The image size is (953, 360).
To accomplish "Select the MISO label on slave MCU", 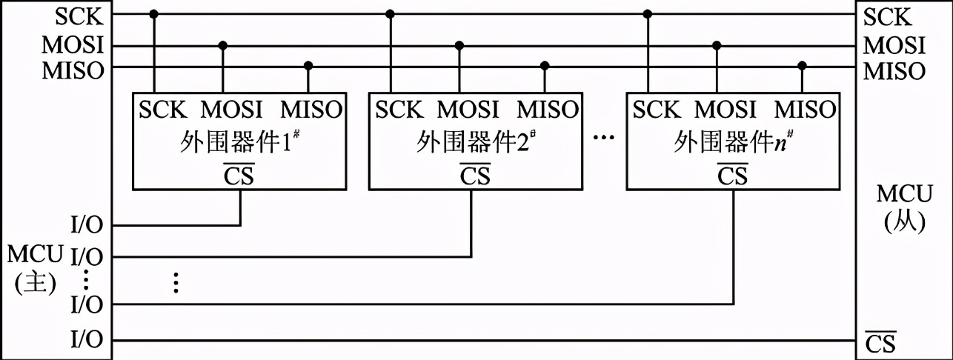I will pos(894,71).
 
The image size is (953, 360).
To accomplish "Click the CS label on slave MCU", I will pos(880,344).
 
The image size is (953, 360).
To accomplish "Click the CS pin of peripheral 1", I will pos(239,176).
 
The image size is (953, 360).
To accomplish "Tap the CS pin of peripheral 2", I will pos(475,176).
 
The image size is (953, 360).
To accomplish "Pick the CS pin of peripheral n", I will pos(732,176).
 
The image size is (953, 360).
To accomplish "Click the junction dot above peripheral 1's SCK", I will pos(154,13).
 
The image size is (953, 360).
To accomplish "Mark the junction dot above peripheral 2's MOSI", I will pos(459,46).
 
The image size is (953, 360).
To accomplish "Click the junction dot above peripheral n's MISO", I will pos(802,66).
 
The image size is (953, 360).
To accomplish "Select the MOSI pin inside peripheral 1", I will pos(232,110).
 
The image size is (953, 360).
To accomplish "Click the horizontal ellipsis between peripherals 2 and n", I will pos(605,141).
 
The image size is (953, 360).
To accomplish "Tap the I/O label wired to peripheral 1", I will pos(87,224).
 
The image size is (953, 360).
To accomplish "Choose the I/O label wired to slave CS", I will pos(87,341).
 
